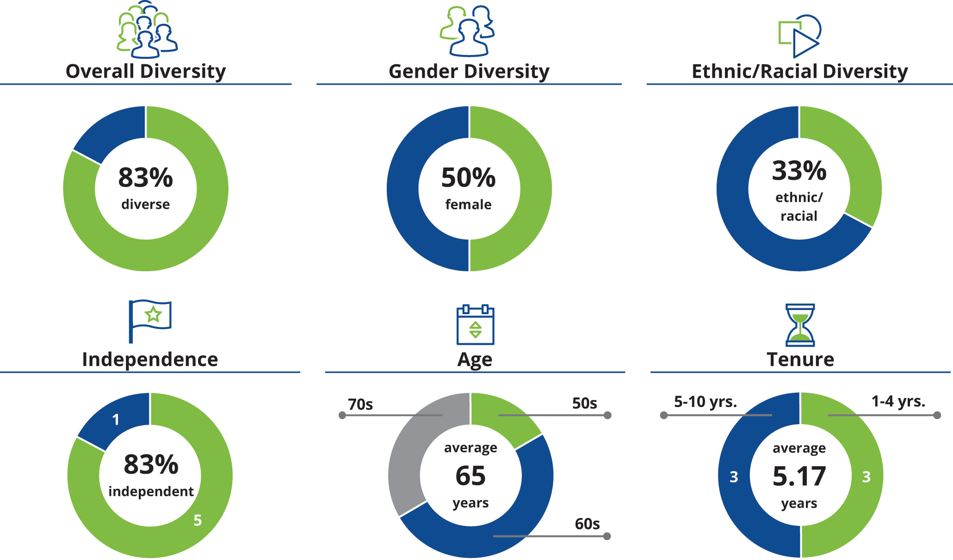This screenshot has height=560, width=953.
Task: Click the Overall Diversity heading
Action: [146, 72]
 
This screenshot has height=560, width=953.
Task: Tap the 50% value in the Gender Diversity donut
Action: [468, 177]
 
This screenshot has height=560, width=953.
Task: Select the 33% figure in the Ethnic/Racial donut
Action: [799, 170]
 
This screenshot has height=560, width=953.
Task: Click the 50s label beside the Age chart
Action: [584, 403]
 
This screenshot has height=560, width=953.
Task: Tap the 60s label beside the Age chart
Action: [587, 524]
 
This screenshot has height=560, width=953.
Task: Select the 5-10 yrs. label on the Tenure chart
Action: [705, 402]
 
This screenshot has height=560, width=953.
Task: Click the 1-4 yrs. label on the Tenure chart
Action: [898, 401]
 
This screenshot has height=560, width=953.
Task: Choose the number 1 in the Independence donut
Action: [116, 419]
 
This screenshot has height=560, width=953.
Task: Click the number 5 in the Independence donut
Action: [198, 520]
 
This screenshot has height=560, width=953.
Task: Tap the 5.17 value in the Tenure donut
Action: [799, 476]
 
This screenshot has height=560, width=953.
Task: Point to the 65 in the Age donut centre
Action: [470, 476]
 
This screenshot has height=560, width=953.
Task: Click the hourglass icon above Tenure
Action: [800, 325]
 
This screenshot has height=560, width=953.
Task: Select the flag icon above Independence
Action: [149, 320]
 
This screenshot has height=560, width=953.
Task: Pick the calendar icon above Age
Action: [475, 324]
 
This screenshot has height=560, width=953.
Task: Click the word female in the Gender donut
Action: [468, 204]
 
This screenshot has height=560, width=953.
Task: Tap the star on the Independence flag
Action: [153, 314]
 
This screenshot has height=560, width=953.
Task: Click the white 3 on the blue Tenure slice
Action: [734, 477]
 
